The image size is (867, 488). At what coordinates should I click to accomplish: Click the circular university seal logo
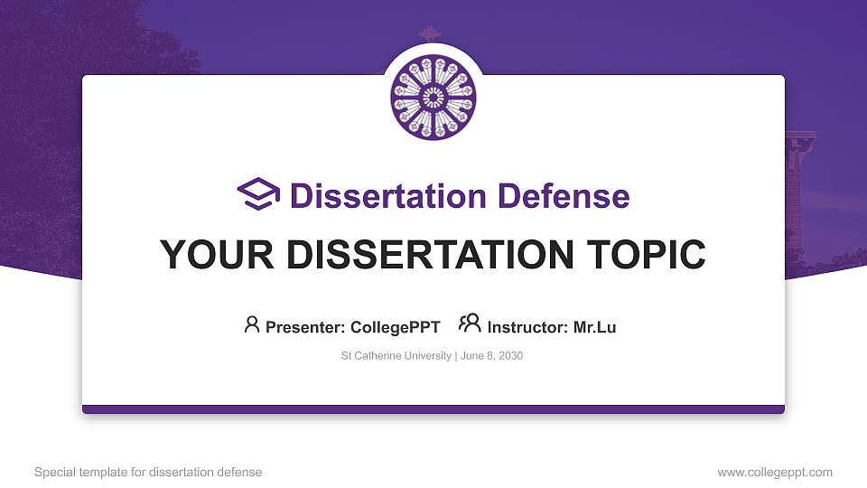tap(433, 98)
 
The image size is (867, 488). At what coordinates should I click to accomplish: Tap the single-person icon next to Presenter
tap(252, 324)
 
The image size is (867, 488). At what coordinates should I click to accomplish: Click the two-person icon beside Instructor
tap(470, 324)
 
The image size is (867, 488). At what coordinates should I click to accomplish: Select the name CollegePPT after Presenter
tap(395, 327)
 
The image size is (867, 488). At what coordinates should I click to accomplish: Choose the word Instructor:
tap(527, 327)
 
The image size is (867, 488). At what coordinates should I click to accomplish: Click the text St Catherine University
tap(396, 356)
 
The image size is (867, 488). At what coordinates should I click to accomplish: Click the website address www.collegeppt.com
tap(775, 472)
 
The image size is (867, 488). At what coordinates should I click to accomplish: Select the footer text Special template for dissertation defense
tap(148, 472)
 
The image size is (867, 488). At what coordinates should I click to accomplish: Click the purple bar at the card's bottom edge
tap(433, 409)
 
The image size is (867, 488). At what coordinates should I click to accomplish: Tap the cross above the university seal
tap(429, 33)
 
